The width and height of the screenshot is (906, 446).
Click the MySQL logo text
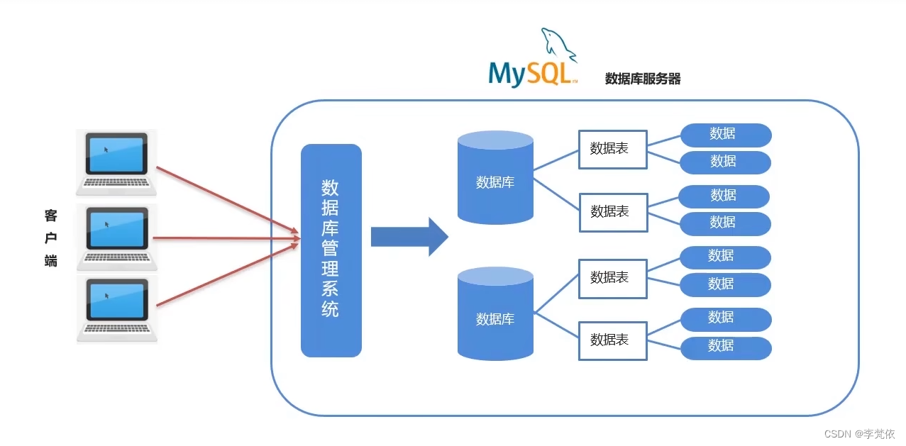pos(532,74)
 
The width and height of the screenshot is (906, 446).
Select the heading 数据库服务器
pos(642,79)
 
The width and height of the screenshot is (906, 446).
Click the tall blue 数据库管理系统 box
pos(331,250)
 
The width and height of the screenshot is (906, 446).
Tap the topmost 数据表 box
pos(612,149)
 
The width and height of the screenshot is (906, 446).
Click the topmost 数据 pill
pos(725,134)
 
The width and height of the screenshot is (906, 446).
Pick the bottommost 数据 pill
pos(725,347)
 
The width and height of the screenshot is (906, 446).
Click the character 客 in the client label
pos(50,216)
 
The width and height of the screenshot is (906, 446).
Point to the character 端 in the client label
pos(50,260)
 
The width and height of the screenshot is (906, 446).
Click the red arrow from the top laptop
pos(227,200)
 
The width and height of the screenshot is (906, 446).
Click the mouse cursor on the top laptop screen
pos(106,150)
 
